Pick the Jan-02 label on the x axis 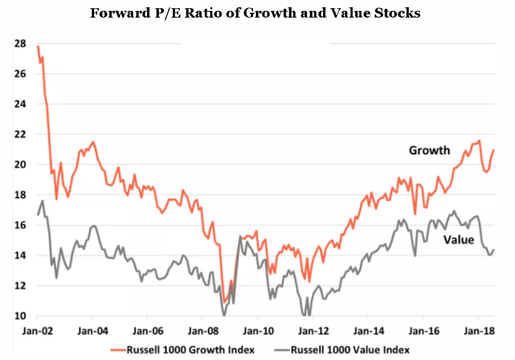37,332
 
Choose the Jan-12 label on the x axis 313,332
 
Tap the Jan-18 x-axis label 478,332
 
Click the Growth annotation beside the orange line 429,150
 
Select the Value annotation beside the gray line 459,240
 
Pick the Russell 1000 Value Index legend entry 344,349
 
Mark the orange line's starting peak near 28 37,46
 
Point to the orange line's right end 494,150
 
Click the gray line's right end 494,249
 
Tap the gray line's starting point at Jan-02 37,215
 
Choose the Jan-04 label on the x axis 92,332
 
